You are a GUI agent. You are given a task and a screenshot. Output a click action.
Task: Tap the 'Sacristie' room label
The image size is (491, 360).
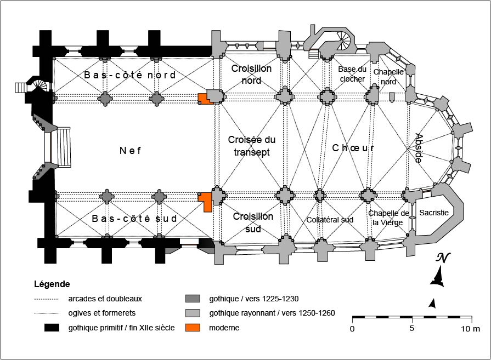[x=434, y=213]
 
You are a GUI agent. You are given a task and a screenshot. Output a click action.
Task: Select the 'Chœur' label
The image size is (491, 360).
[x=353, y=148]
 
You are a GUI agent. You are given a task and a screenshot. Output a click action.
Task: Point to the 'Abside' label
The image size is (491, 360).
[x=419, y=148]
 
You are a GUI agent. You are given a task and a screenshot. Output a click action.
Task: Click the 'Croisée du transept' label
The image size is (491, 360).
[x=249, y=146]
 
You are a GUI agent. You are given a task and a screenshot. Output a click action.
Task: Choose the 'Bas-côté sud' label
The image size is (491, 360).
[x=134, y=218]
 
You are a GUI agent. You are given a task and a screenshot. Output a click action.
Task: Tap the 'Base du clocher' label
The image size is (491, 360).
[x=352, y=74]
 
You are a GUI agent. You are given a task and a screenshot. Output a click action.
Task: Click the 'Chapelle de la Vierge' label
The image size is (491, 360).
[x=388, y=218]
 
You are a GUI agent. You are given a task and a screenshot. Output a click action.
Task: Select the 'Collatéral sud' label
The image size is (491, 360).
[x=330, y=220]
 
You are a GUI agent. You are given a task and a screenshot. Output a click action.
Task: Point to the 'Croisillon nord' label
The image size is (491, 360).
[x=251, y=75]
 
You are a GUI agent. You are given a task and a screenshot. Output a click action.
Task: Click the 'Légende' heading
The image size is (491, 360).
[x=52, y=284]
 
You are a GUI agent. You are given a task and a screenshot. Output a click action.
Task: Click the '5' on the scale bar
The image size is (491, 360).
[x=411, y=329]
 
